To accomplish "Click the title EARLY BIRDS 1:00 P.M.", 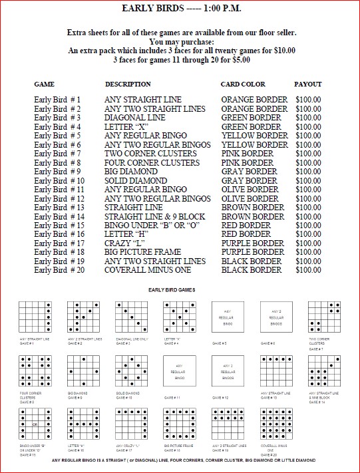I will coord(180,8).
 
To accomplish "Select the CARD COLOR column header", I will coord(243,84).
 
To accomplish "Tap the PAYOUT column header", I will coord(307,84).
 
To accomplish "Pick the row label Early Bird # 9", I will coord(57,172).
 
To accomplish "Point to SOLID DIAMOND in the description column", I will coord(136,181).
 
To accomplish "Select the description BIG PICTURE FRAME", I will coord(142,253).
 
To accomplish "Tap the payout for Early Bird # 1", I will coord(307,100).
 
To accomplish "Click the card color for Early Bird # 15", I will coord(246,226).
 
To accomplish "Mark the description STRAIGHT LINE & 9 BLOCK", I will coord(154,217).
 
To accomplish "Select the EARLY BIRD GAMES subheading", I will coord(180,291).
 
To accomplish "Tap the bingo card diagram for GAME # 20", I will coord(275,424).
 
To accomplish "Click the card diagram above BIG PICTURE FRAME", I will coord(179,424).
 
